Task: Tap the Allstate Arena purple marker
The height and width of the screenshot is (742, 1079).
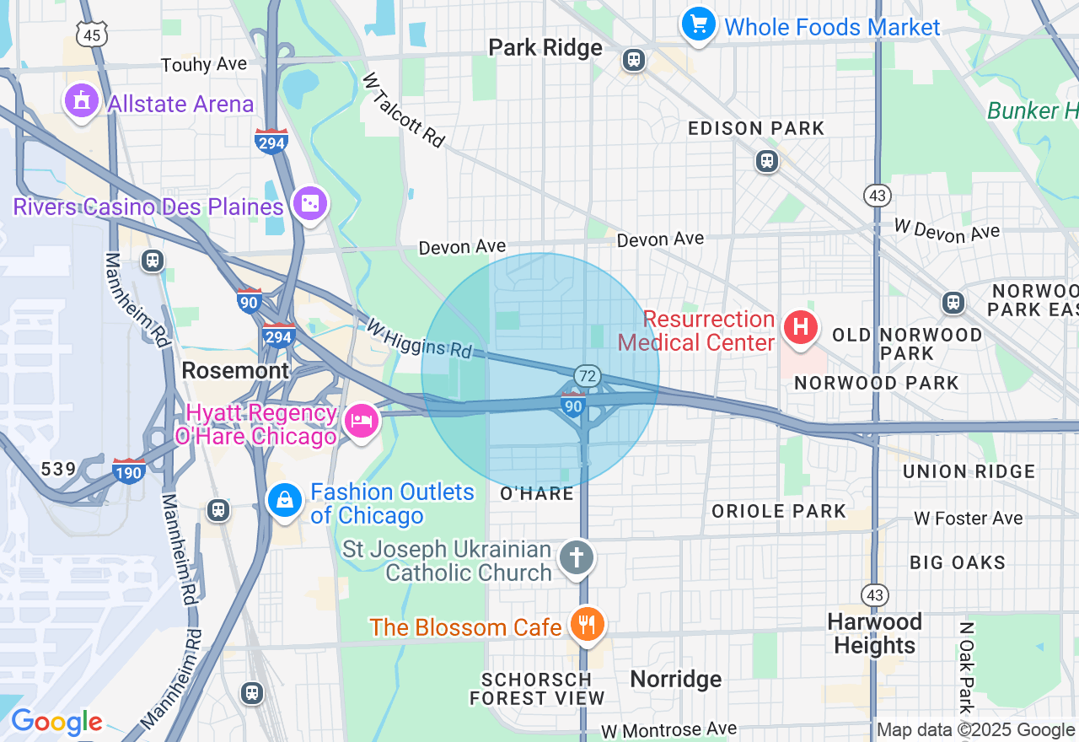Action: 81,102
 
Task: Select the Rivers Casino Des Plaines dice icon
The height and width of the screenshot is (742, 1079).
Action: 309,203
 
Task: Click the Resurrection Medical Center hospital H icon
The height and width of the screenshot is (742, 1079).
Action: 800,327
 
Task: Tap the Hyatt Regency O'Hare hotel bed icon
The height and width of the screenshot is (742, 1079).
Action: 362,421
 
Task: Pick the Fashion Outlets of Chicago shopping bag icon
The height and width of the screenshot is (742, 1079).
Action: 285,501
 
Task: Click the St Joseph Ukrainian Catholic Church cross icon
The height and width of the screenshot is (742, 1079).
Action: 577,557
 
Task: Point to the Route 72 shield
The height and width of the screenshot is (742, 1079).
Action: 588,375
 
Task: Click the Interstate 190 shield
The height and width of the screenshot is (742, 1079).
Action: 129,470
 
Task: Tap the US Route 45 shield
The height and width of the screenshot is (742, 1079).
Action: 91,34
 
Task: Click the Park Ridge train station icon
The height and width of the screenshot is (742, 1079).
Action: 634,60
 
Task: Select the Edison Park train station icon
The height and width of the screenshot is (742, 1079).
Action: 766,160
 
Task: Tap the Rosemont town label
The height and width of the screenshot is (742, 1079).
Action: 235,370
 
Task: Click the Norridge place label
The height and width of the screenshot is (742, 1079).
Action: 676,679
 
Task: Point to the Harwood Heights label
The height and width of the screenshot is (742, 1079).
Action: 874,634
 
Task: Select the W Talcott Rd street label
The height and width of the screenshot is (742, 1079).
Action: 403,110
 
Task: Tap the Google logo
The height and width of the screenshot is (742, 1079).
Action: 56,723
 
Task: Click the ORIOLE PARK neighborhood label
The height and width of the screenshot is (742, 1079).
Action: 778,511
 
